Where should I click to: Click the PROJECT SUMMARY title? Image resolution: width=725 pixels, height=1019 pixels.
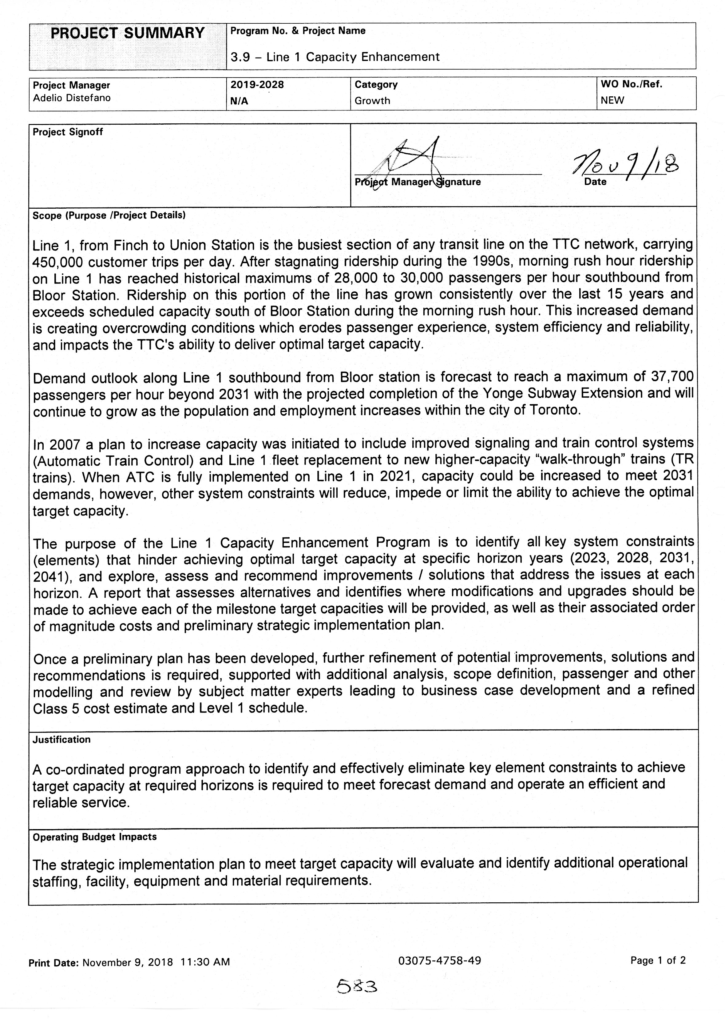point(127,34)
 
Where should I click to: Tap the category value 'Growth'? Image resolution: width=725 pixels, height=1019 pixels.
point(372,101)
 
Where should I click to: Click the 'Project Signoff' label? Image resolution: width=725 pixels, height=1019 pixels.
point(68,132)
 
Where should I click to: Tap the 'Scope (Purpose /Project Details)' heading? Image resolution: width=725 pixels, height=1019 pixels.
point(109,215)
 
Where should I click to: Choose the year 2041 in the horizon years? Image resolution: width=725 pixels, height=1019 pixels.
point(50,577)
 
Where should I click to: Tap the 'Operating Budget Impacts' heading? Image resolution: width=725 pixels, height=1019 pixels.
point(95,837)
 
